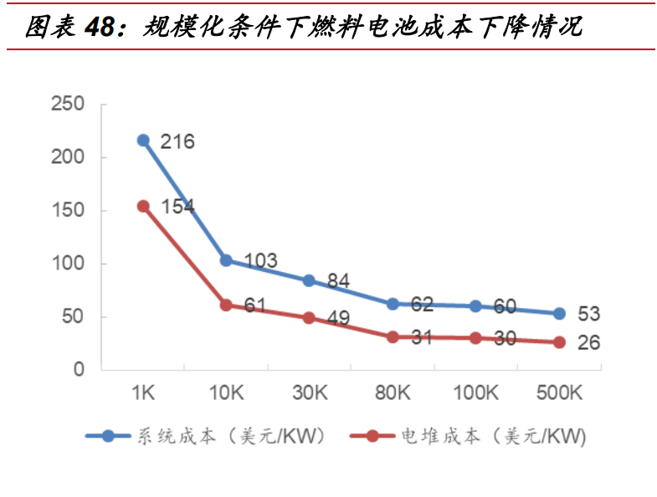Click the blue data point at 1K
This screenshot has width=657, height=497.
(x=143, y=141)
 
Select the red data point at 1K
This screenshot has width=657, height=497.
(x=143, y=206)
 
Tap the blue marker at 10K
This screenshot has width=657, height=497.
(x=226, y=260)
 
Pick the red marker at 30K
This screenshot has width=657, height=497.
(x=309, y=318)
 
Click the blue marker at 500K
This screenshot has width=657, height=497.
(x=559, y=314)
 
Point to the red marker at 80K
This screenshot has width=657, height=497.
(x=393, y=336)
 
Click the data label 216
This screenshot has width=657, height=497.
(x=177, y=141)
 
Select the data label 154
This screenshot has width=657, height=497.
(x=177, y=207)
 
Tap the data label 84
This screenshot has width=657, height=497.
(x=338, y=281)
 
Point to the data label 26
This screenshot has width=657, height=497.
(x=589, y=343)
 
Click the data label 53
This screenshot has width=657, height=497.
(x=589, y=315)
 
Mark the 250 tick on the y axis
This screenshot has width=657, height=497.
(x=68, y=104)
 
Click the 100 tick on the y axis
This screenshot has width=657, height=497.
(x=68, y=264)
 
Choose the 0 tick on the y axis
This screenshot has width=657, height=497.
(x=80, y=370)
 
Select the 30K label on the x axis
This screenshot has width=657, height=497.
(x=309, y=392)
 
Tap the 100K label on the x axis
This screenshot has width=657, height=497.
(x=475, y=392)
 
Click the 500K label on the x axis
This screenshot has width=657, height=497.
(x=559, y=392)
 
